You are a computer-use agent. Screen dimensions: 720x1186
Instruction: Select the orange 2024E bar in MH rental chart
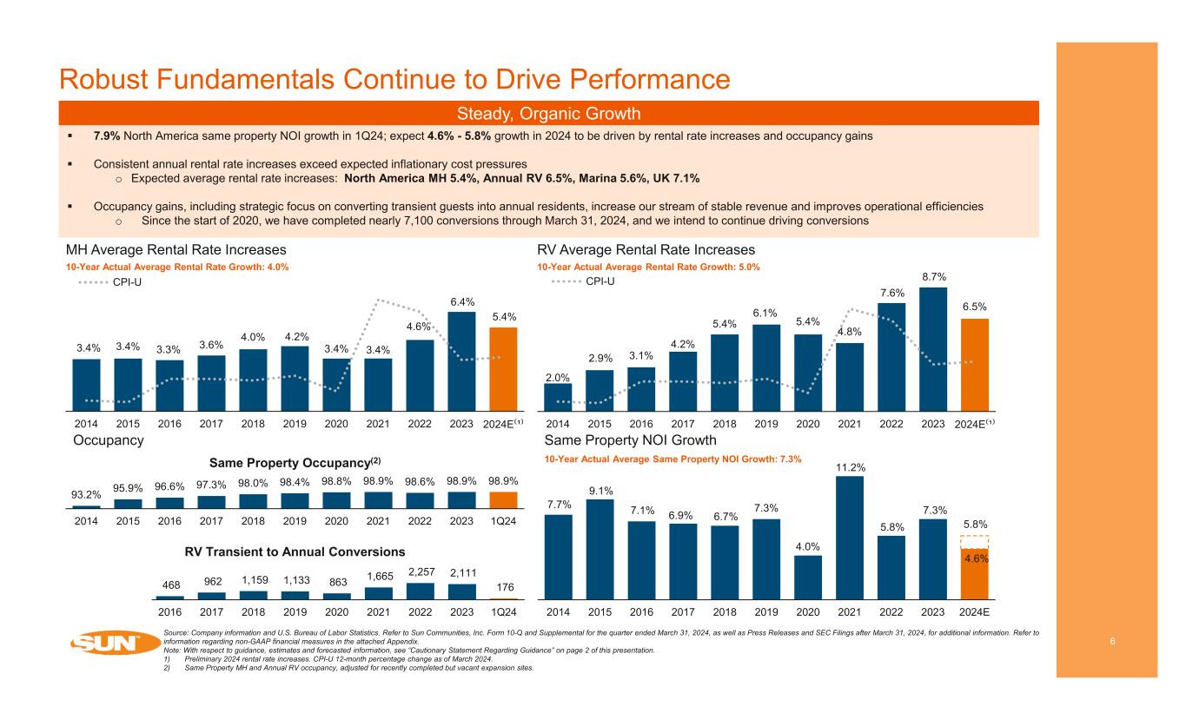coord(503,368)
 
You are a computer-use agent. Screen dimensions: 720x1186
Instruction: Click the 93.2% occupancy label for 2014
coord(86,496)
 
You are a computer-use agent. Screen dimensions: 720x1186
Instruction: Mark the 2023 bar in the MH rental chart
coord(461,360)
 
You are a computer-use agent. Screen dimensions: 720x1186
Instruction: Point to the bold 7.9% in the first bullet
coord(107,136)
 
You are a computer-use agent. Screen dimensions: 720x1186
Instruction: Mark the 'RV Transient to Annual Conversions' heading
coord(295,552)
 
